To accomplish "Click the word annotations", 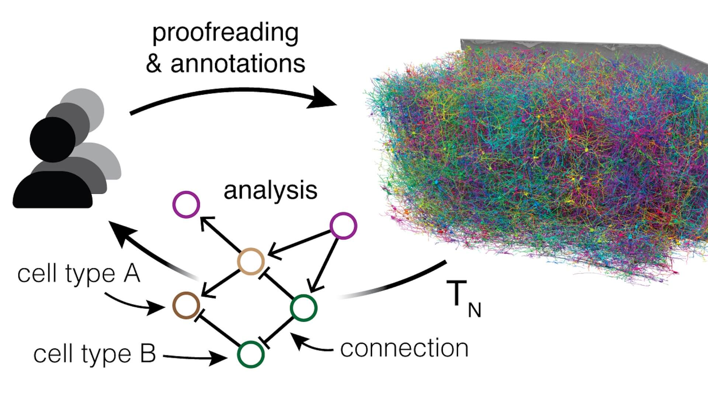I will tap(238, 63).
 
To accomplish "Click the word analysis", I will tap(270, 191).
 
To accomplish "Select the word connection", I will tap(404, 348).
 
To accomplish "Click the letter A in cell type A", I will tap(131, 273).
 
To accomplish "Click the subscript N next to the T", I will tap(475, 310).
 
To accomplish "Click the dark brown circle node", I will tap(186, 306).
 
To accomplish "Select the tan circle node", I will tap(251, 262).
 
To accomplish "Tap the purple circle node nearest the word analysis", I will tap(187, 205).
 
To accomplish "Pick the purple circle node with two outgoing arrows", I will tap(343, 226).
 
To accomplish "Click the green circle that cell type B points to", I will tap(251, 355).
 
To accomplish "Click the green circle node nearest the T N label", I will tap(304, 308).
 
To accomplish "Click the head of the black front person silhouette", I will tap(52, 139).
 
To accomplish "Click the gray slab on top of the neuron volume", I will tap(553, 46).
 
